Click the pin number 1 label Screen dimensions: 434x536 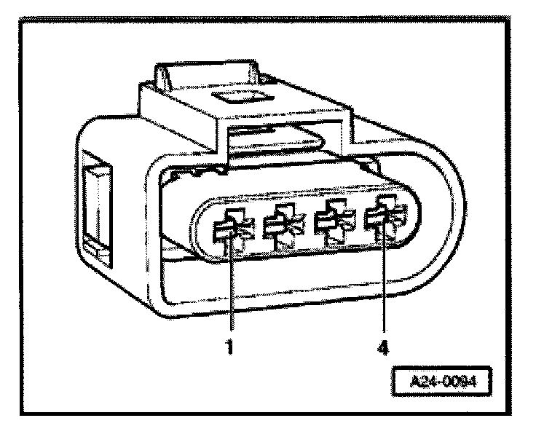point(229,347)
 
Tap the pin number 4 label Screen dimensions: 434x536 point(381,347)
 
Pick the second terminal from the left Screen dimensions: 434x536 point(280,226)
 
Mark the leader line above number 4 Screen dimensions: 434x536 point(382,284)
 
